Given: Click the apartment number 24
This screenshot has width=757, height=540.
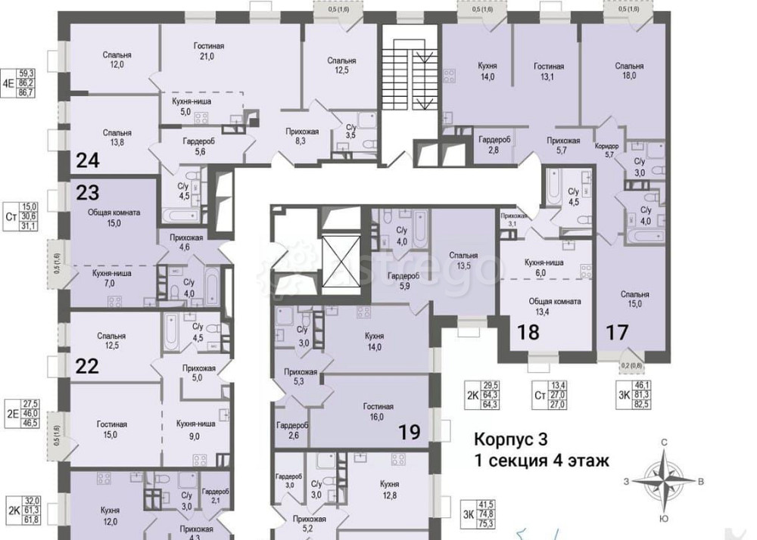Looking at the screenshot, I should click(x=88, y=160).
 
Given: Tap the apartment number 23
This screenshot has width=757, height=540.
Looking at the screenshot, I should click(x=88, y=192).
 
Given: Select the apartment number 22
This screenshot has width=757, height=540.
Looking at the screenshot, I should click(x=88, y=366).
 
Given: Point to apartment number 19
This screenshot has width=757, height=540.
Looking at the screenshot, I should click(x=410, y=433).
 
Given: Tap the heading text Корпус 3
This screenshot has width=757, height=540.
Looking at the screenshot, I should click(x=509, y=439).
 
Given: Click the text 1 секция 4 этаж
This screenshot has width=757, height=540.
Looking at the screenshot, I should click(x=541, y=460).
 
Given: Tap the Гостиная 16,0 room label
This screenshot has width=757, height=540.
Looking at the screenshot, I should click(x=376, y=411).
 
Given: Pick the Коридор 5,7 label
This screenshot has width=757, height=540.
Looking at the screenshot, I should click(x=608, y=150).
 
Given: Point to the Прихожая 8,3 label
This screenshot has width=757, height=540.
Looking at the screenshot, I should click(x=302, y=136).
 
